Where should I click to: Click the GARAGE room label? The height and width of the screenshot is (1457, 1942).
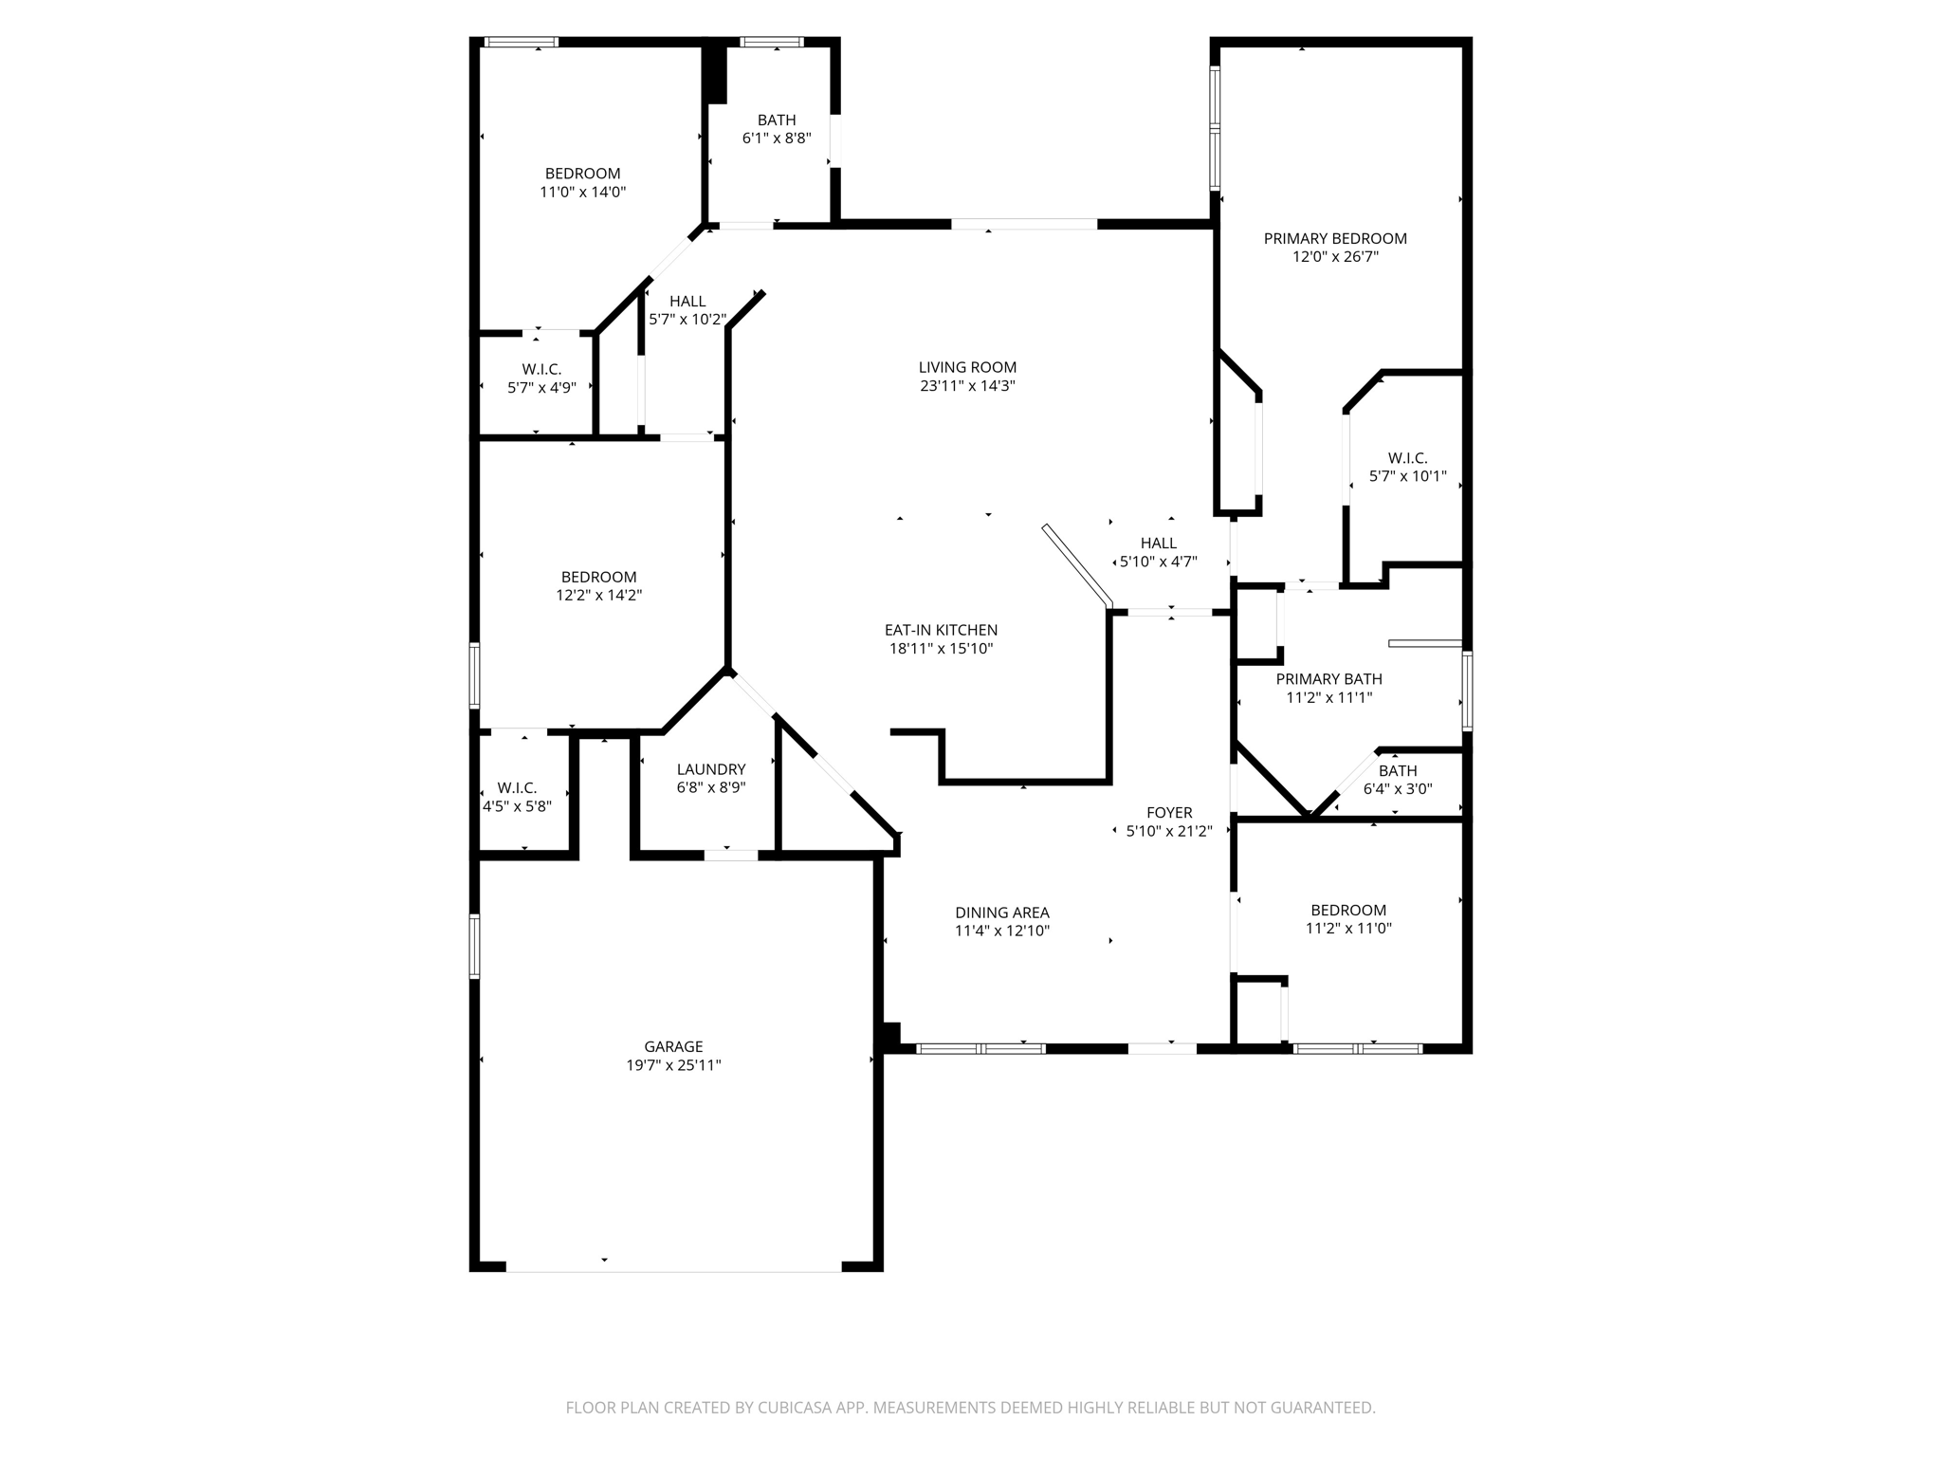click(x=673, y=1046)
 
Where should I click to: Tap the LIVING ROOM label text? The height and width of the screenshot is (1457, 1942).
click(x=967, y=367)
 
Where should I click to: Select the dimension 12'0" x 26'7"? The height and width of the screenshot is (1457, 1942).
click(x=1335, y=257)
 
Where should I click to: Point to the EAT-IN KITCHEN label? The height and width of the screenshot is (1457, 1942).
click(x=941, y=630)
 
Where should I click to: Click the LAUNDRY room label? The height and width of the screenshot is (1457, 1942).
click(x=711, y=769)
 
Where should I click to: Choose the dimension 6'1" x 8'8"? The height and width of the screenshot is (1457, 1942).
click(x=777, y=138)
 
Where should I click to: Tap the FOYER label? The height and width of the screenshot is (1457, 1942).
click(x=1169, y=813)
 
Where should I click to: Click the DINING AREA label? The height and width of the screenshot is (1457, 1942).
click(x=1002, y=913)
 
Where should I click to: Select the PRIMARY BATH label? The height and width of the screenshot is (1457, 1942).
click(x=1328, y=679)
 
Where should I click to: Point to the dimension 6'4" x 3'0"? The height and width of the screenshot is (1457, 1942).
click(x=1398, y=789)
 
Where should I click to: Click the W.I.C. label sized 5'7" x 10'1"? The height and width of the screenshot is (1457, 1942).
click(x=1407, y=458)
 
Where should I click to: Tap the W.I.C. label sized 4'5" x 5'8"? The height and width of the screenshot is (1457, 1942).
click(x=517, y=788)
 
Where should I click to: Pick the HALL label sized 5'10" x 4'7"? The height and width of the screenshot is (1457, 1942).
click(x=1158, y=544)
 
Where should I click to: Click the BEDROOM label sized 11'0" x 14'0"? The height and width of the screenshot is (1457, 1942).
click(x=582, y=174)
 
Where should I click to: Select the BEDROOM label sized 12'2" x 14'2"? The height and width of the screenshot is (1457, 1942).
click(x=598, y=577)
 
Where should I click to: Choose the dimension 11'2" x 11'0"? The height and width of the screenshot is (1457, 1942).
click(x=1348, y=929)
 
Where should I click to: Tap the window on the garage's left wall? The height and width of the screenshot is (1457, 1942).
click(x=475, y=946)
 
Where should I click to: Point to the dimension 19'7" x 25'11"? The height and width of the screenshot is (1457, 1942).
click(x=673, y=1065)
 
